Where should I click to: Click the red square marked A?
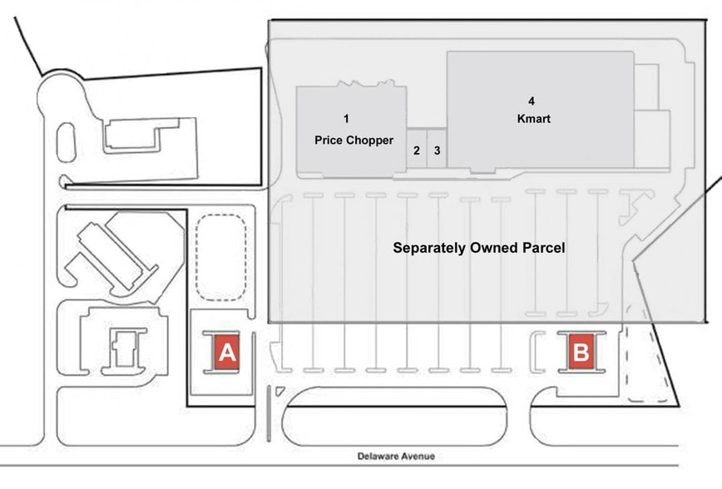pos(227,352)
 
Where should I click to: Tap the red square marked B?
pos(581,352)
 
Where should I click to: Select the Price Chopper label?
pos(354,140)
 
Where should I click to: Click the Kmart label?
pos(532,119)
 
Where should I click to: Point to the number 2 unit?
pos(416,151)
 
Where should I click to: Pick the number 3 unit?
pos(437,151)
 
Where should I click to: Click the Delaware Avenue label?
pos(396,456)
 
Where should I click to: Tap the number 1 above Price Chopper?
pos(346,120)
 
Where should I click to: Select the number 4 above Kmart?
pos(532,101)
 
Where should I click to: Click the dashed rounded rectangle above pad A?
pos(220,257)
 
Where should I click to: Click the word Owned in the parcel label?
pos(492,248)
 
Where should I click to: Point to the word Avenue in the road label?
pos(418,456)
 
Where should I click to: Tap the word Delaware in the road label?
pos(379,456)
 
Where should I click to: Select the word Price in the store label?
pos(329,140)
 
